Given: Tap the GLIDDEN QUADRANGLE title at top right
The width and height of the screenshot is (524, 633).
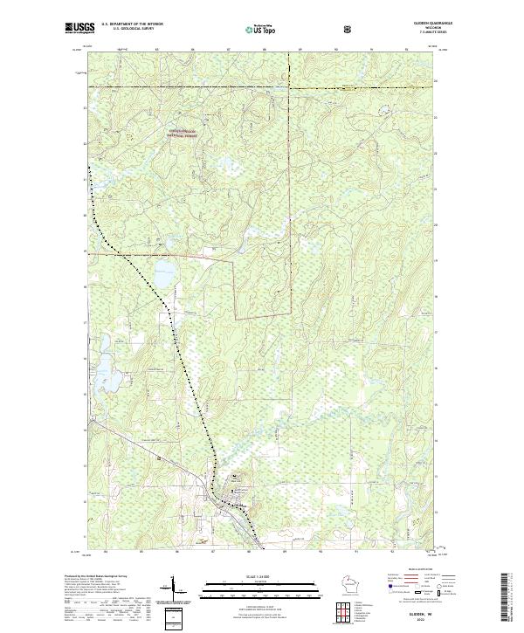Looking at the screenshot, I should (x=422, y=24).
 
